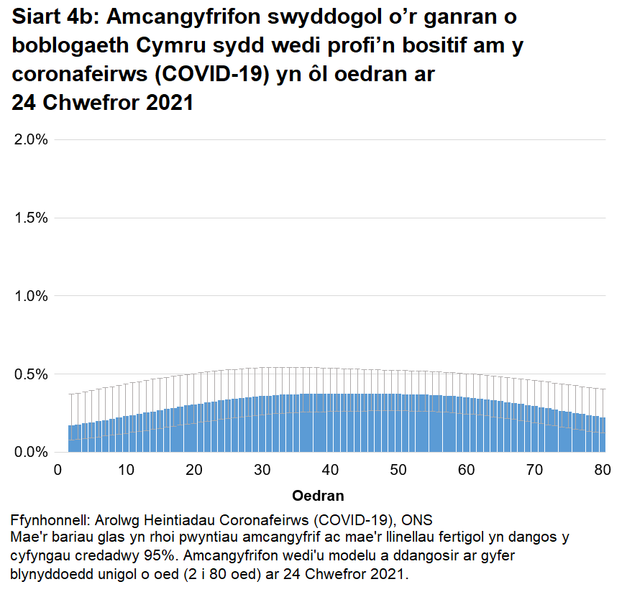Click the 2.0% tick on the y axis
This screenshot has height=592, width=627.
click(x=31, y=139)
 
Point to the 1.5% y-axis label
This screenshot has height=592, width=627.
click(x=31, y=218)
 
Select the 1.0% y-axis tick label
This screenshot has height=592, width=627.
click(x=31, y=296)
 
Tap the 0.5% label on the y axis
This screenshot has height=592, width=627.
click(x=31, y=374)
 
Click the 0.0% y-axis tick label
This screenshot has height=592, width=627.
click(x=31, y=453)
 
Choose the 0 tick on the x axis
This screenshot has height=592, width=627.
click(x=58, y=470)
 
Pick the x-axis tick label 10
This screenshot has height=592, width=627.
click(x=127, y=470)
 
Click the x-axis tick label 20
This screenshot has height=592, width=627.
click(x=194, y=470)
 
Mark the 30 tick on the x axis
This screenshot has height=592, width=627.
click(x=262, y=470)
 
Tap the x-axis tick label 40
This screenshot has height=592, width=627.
click(x=330, y=470)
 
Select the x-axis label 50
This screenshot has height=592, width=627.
click(x=398, y=470)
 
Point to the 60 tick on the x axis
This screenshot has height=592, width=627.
click(x=466, y=470)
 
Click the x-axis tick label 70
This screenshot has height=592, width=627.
click(x=534, y=470)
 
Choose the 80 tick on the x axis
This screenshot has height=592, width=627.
click(x=602, y=470)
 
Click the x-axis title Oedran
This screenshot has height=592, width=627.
click(x=318, y=496)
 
